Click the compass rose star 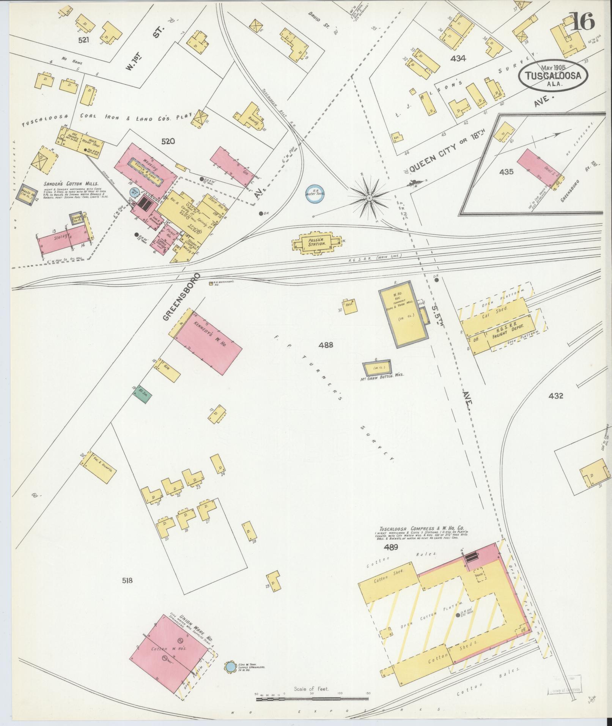(x=369, y=198)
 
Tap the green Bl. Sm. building (x=143, y=394)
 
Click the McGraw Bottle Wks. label (x=380, y=374)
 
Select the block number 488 (x=326, y=345)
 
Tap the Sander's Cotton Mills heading (x=70, y=184)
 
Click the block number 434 (x=458, y=58)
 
